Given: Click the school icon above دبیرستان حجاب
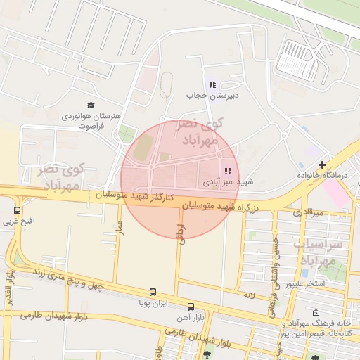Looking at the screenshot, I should pos(212,84).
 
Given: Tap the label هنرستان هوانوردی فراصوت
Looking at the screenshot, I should pos(91,120).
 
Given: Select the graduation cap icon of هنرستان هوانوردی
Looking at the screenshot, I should pos(91,105).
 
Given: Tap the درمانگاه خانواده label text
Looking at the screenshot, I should pos(323,174).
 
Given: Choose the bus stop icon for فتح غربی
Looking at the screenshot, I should pos(17,210).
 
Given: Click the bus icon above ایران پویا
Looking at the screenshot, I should pos(153,292).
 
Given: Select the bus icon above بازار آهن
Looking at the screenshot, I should pos(191,306).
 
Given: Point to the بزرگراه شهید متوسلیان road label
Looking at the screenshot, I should pos(221,207).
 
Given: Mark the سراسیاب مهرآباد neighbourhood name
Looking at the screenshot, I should pos(326,253).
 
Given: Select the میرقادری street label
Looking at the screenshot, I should pos(308,212).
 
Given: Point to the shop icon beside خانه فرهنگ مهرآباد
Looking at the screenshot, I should pos(316,313).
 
